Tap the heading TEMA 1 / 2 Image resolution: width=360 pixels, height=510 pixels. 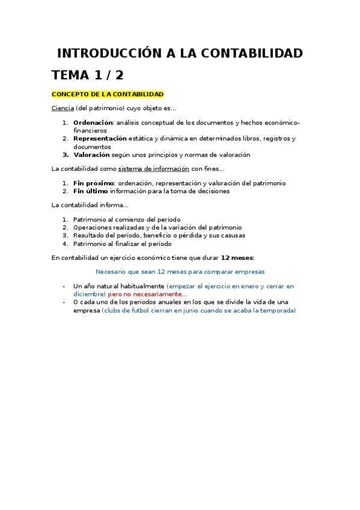88,75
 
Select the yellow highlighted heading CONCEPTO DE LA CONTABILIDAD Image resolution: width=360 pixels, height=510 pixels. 108,94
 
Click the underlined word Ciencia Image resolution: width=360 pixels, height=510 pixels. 63,108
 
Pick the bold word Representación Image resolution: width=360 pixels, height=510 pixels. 100,138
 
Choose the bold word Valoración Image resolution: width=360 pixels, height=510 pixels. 91,155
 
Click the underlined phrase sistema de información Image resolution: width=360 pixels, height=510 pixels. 153,169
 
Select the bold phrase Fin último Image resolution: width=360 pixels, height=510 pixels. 91,191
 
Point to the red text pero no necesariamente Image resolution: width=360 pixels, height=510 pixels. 147,294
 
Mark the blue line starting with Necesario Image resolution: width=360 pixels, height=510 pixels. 180,272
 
